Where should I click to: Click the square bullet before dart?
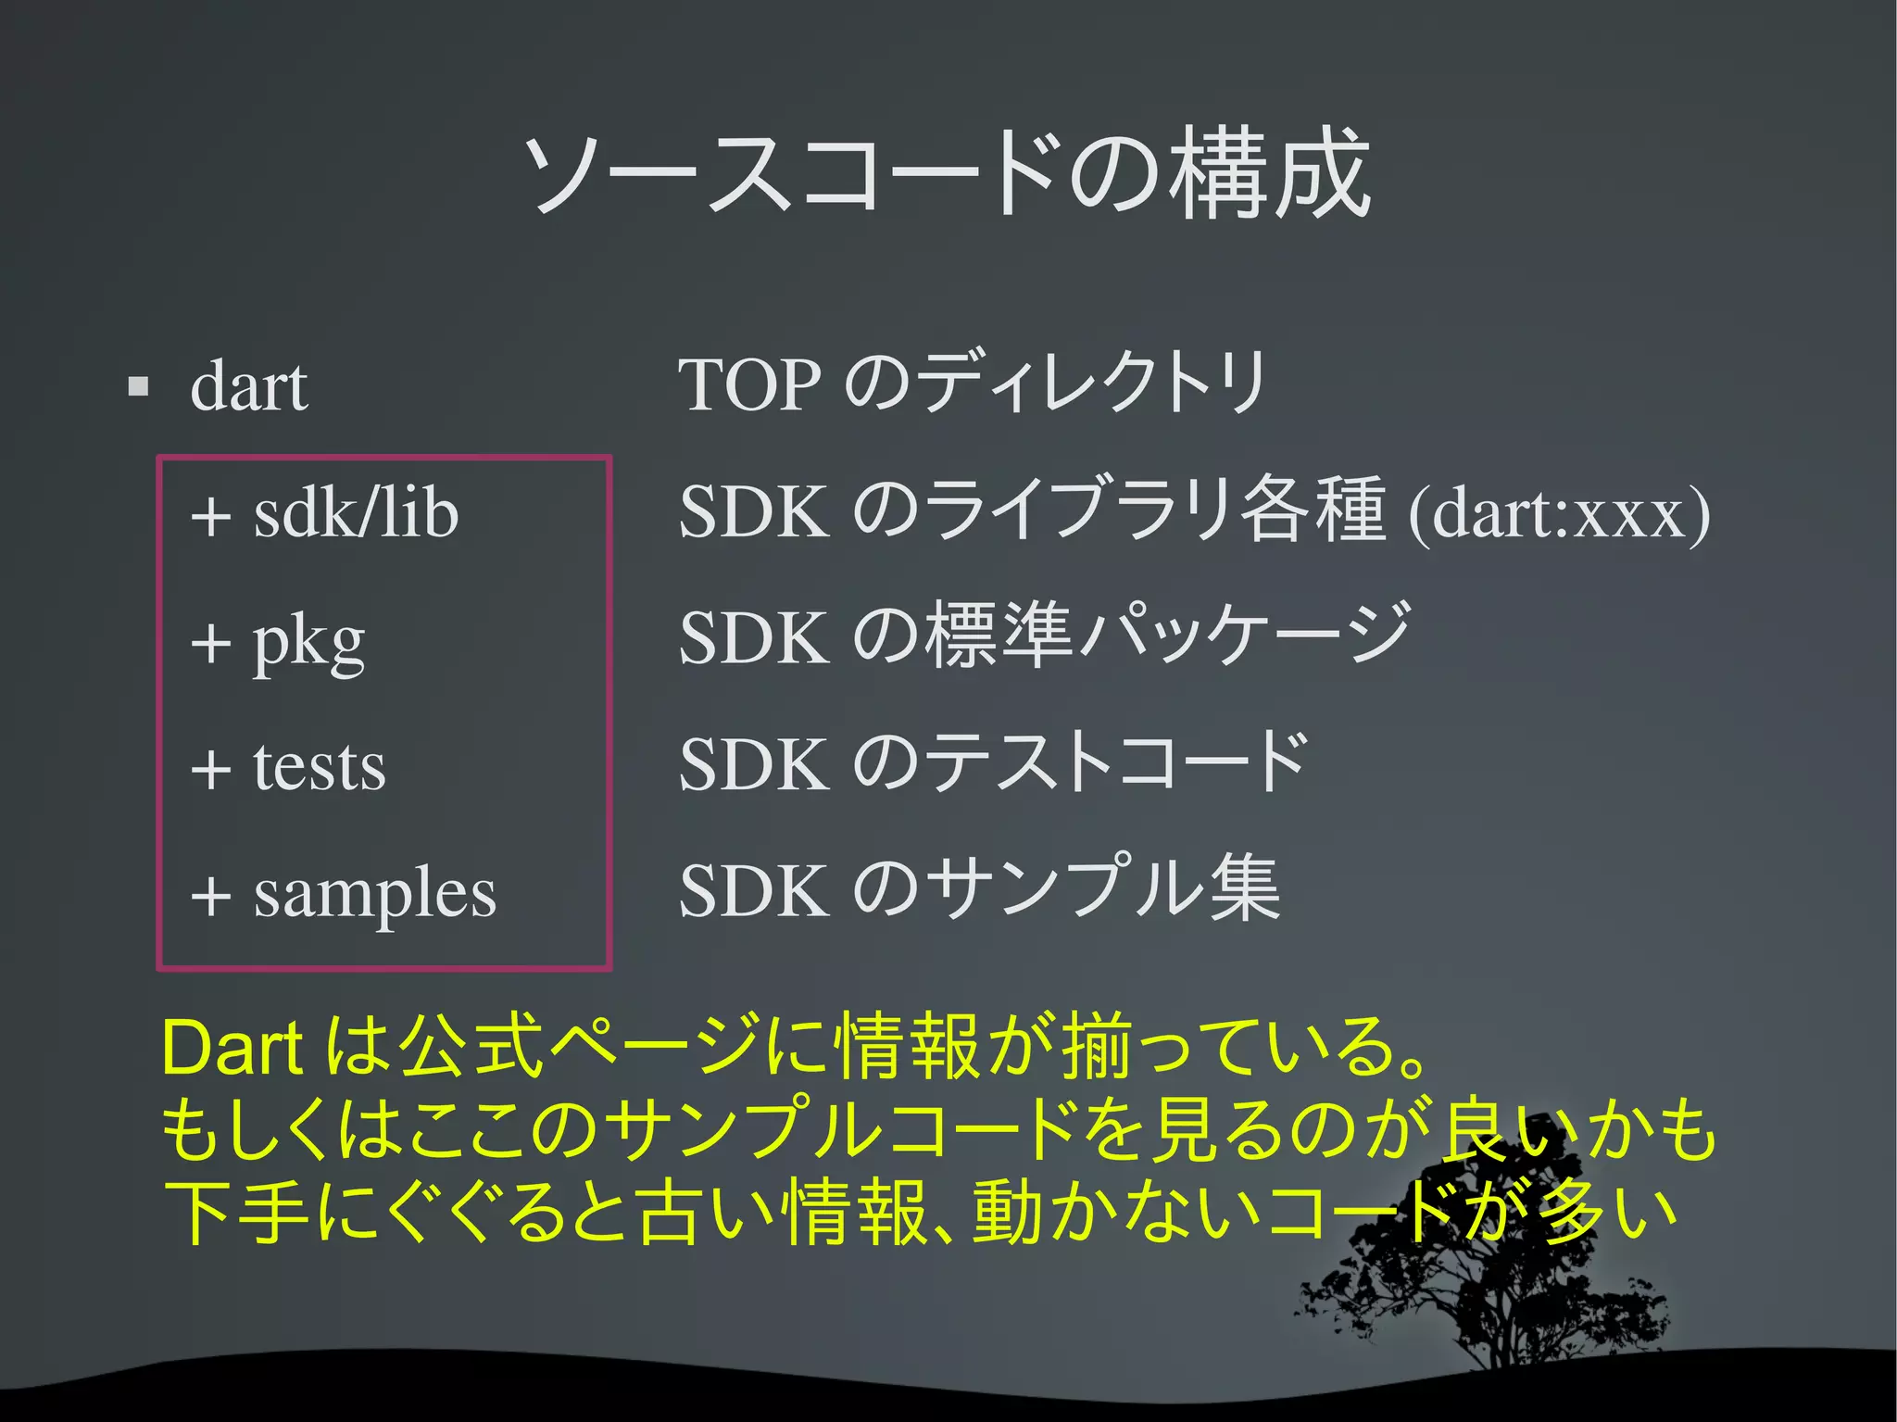139,385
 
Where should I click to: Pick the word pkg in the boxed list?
308,641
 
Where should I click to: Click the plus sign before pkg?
211,643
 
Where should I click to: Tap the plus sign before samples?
211,897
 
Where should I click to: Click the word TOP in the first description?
749,384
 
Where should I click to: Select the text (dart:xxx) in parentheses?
1558,512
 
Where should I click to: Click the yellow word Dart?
232,1049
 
